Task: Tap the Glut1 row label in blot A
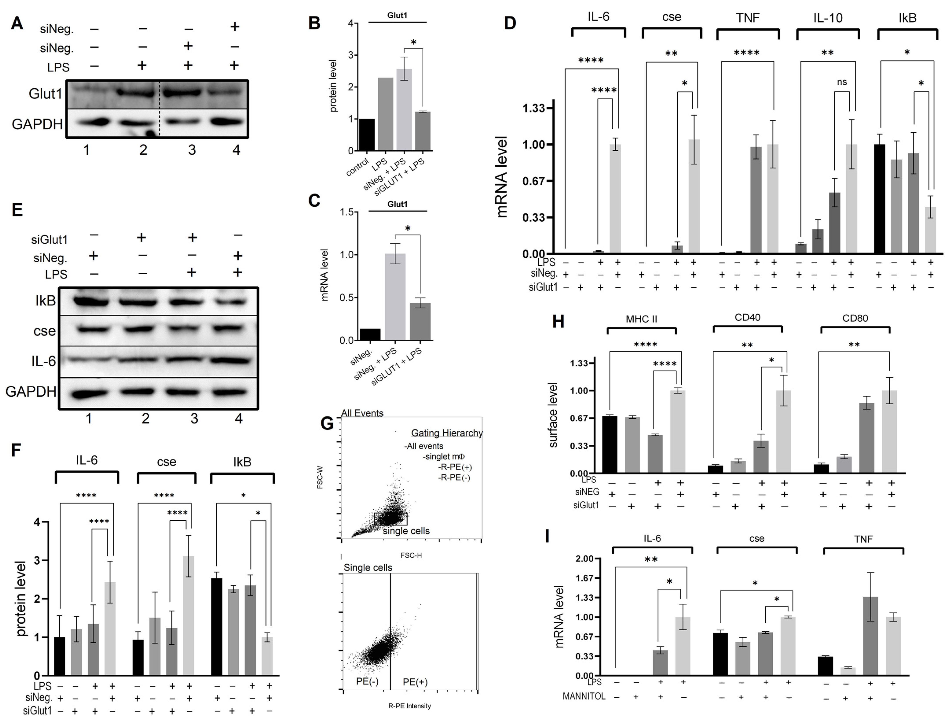tap(45, 93)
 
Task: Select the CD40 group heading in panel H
tap(748, 318)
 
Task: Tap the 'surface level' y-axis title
tap(553, 415)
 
